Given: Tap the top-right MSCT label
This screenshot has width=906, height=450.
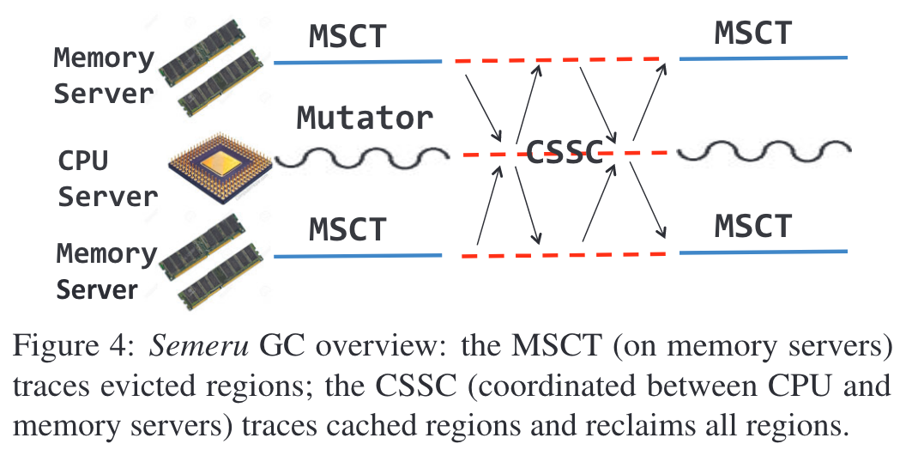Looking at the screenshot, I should click(x=752, y=33).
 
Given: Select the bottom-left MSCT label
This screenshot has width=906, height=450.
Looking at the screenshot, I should click(x=348, y=229).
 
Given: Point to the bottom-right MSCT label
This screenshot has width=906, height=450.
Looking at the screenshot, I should click(x=752, y=226).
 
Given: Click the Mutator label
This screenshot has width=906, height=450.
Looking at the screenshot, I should click(x=365, y=118).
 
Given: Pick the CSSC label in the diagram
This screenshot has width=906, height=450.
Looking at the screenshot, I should click(x=564, y=154).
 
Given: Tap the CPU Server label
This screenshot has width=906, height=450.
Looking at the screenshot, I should click(x=107, y=179).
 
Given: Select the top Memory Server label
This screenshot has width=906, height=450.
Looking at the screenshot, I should click(x=104, y=76).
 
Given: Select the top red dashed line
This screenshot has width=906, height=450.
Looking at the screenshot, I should click(x=558, y=60).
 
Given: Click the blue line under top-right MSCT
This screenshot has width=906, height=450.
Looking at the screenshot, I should click(x=763, y=58).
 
